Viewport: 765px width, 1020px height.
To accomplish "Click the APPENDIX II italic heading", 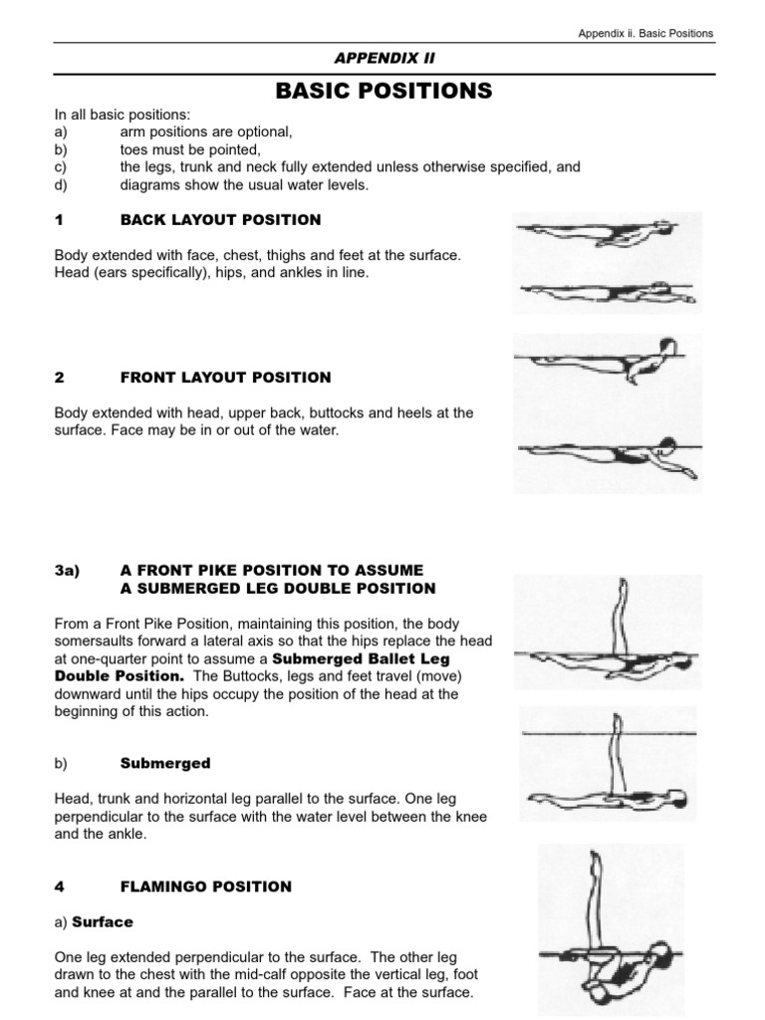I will tap(382, 59).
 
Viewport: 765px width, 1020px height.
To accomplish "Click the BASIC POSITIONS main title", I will tap(382, 92).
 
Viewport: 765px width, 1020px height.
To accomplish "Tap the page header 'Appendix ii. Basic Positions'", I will tap(645, 33).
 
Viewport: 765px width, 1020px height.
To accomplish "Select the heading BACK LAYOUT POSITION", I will tap(220, 219).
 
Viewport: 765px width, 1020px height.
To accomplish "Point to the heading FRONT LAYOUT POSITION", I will tap(225, 378).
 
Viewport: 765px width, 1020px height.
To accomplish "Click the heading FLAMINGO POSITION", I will tap(205, 887).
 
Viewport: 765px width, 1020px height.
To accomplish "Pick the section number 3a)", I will tap(67, 570).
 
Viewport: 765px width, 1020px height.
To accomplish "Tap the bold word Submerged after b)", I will tap(165, 763).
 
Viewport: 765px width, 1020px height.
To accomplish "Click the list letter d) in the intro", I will tap(61, 183).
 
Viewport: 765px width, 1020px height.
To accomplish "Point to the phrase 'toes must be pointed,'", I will tap(190, 150).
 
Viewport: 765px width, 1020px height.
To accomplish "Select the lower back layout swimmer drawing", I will tap(608, 291).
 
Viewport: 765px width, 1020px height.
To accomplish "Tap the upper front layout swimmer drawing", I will tap(608, 361).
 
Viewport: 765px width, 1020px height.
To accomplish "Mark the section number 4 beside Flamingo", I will tap(59, 887).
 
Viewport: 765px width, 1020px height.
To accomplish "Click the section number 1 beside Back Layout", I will tap(59, 219).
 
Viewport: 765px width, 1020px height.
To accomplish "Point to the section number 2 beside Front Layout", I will tap(59, 378).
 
